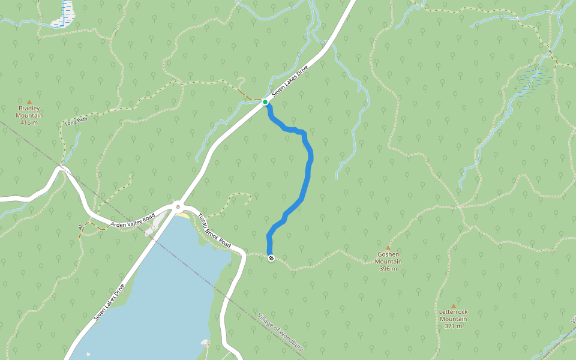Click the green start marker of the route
pyautogui.click(x=265, y=102)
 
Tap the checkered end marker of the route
pyautogui.click(x=272, y=258)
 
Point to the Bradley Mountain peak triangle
pyautogui.click(x=29, y=102)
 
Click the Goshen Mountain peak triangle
pyautogui.click(x=388, y=247)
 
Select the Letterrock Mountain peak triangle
pyautogui.click(x=453, y=305)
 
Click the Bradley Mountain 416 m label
pyautogui.click(x=29, y=115)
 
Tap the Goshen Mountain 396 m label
pyautogui.click(x=388, y=262)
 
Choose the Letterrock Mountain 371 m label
pyautogui.click(x=453, y=319)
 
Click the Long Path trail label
pyautogui.click(x=76, y=122)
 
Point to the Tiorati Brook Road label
pyautogui.click(x=214, y=231)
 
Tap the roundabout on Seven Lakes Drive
pyautogui.click(x=178, y=207)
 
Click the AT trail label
pyautogui.click(x=80, y=227)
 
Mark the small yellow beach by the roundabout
pyautogui.click(x=182, y=215)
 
